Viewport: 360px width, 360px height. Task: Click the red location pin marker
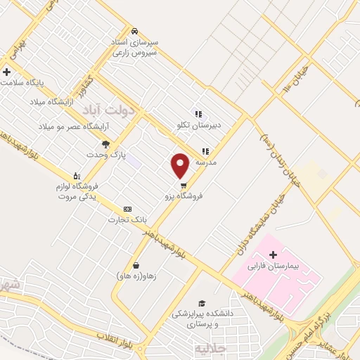pos(181,165)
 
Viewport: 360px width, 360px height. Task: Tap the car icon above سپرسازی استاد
pos(134,31)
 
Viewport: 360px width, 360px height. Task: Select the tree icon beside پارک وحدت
pos(105,144)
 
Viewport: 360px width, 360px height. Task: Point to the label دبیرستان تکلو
pos(199,124)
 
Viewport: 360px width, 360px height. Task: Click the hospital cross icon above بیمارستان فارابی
pos(274,254)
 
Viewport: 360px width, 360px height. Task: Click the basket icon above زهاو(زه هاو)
pos(135,265)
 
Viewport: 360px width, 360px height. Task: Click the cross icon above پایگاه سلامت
pos(7,71)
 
